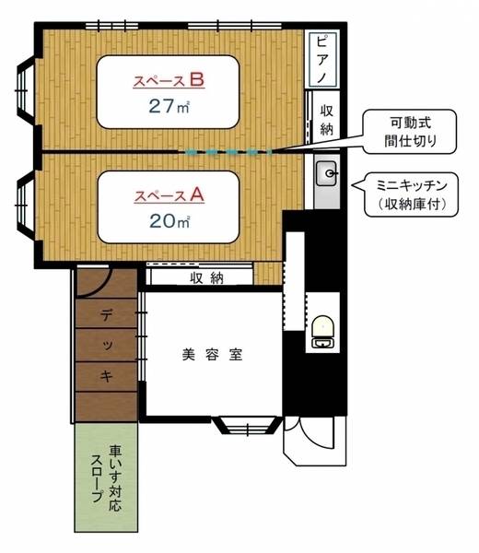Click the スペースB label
[x=168, y=80]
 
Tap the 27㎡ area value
[x=169, y=104]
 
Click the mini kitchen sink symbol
[x=327, y=173]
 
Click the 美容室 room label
[x=213, y=354]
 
